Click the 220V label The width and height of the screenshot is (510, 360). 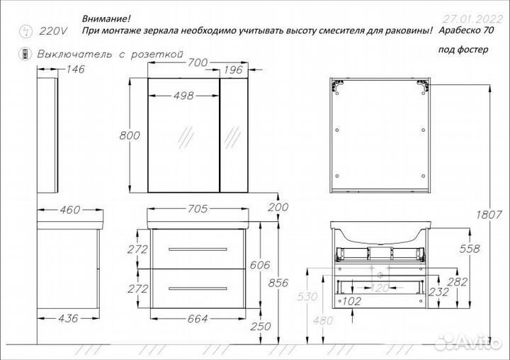pyautogui.click(x=52, y=30)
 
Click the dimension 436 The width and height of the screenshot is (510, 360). pyautogui.click(x=66, y=319)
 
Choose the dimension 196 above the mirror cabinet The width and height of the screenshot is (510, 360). pyautogui.click(x=232, y=69)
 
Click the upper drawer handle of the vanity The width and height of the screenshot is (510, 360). pyautogui.click(x=198, y=249)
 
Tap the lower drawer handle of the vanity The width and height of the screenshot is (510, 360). pyautogui.click(x=198, y=288)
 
